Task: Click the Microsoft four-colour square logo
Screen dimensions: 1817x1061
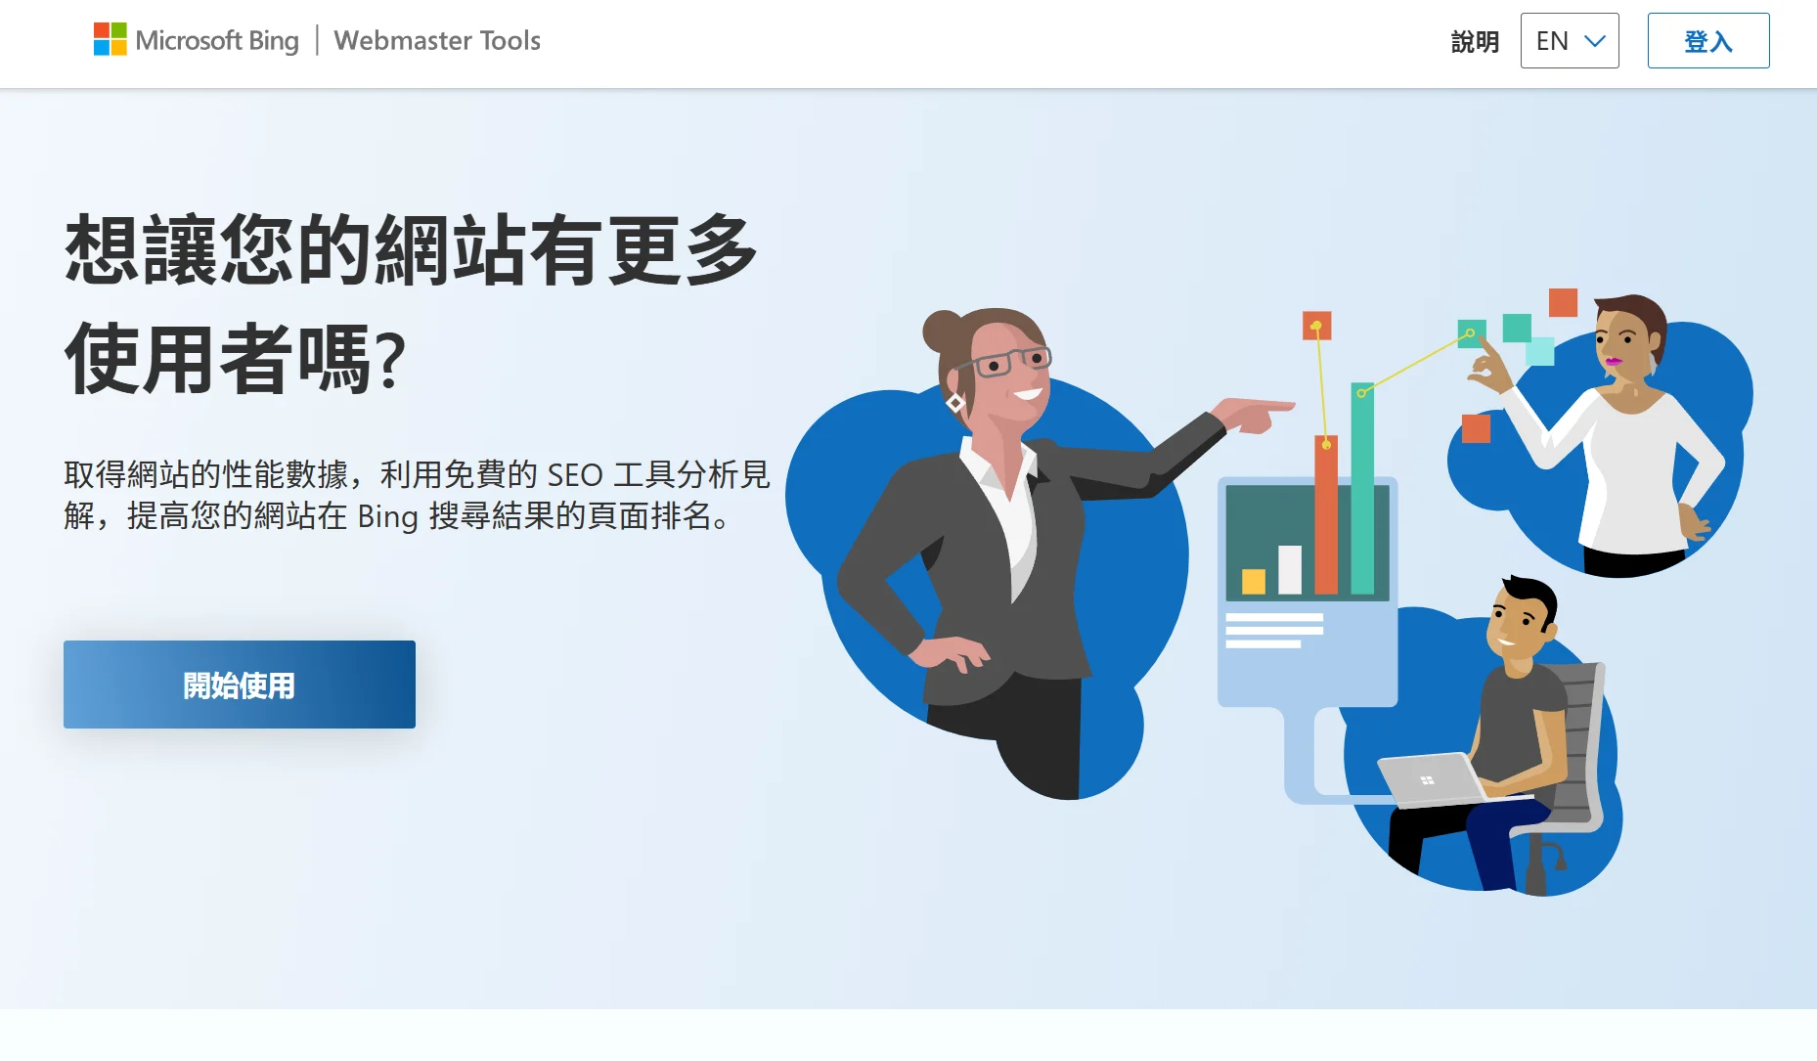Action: (x=110, y=40)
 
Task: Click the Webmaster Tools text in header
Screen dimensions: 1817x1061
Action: (x=437, y=40)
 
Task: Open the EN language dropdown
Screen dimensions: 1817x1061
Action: (x=1570, y=41)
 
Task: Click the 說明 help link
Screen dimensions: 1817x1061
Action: (x=1475, y=41)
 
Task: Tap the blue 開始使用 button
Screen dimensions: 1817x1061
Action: (x=240, y=685)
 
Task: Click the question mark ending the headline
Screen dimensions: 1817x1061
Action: (x=390, y=360)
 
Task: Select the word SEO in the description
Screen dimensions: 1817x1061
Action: (x=575, y=475)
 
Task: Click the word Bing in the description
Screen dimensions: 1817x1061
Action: (x=387, y=516)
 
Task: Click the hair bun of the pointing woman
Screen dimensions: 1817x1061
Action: (x=944, y=332)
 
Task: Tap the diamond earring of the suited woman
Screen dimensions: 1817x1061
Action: (x=955, y=403)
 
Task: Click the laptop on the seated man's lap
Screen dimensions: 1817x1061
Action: (x=1433, y=779)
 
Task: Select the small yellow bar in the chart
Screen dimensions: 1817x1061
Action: (x=1253, y=582)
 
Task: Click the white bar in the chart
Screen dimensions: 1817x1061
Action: (x=1290, y=570)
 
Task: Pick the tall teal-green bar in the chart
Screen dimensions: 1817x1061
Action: (x=1362, y=488)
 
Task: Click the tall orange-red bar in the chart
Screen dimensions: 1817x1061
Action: (x=1326, y=514)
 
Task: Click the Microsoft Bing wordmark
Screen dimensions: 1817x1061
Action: (x=217, y=40)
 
